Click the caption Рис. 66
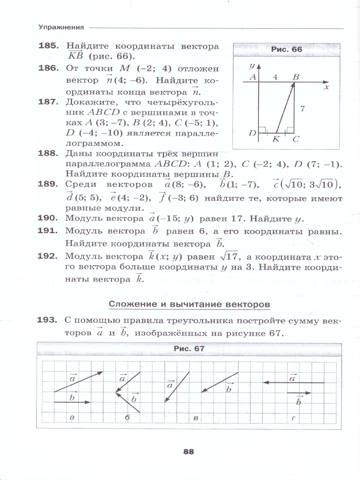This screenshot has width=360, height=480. [x=287, y=50]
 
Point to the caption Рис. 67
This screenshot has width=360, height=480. [x=189, y=348]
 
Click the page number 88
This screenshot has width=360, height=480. [x=188, y=452]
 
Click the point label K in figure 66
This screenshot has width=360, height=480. [x=276, y=139]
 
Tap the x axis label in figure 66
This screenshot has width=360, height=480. [x=326, y=86]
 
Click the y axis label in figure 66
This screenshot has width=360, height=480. [x=252, y=65]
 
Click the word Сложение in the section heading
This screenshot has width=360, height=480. [x=132, y=304]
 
